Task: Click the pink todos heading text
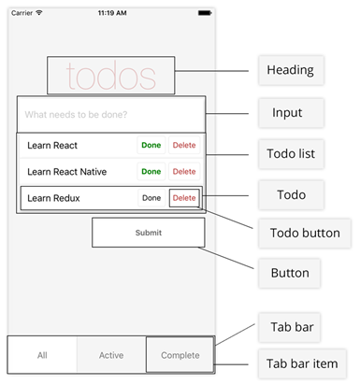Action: pyautogui.click(x=110, y=76)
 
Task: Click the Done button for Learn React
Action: pyautogui.click(x=151, y=146)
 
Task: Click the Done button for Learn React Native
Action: pyautogui.click(x=151, y=172)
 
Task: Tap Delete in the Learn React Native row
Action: pyautogui.click(x=184, y=172)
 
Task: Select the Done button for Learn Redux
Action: pyautogui.click(x=151, y=198)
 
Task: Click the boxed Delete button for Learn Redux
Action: pyautogui.click(x=184, y=198)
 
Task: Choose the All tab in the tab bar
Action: pyautogui.click(x=42, y=355)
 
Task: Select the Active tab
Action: pyautogui.click(x=111, y=355)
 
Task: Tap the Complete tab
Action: pyautogui.click(x=180, y=355)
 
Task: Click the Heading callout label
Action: pyautogui.click(x=290, y=70)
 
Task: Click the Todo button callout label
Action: pyautogui.click(x=304, y=233)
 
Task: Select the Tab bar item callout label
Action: pyautogui.click(x=304, y=363)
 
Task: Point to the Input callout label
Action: pyautogui.click(x=286, y=113)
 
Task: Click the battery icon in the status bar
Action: pyautogui.click(x=203, y=13)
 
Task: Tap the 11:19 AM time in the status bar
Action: pyautogui.click(x=112, y=13)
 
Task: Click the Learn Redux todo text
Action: pyautogui.click(x=52, y=198)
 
